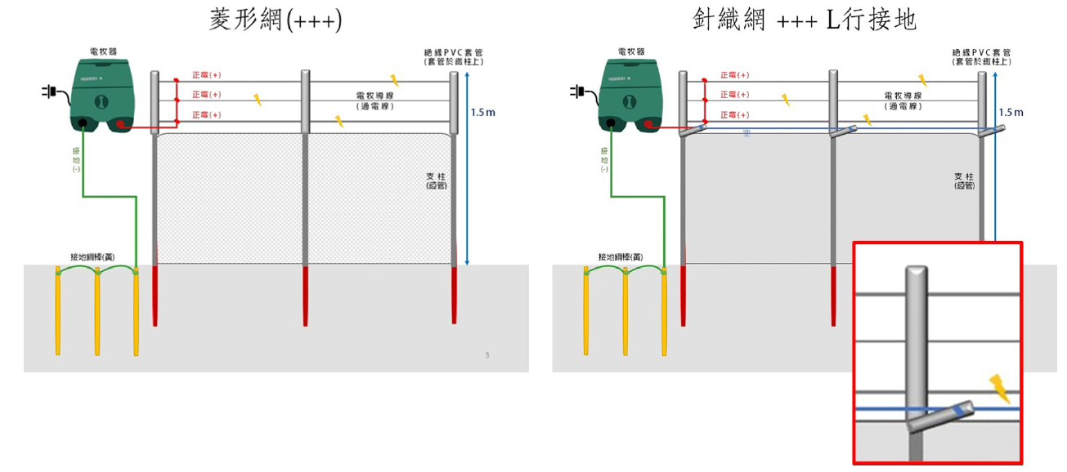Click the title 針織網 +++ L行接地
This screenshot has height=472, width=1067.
(804, 20)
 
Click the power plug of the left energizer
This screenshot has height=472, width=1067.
(47, 91)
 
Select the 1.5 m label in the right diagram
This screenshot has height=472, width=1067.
(1011, 112)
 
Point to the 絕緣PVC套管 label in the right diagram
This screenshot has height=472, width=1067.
(981, 56)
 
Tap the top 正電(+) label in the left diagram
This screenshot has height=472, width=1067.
(206, 75)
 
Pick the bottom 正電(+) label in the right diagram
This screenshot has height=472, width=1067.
(734, 115)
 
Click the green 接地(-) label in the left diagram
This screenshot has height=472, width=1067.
(77, 159)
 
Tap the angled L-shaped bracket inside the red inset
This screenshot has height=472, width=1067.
(940, 415)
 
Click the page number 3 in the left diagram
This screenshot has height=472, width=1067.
(487, 354)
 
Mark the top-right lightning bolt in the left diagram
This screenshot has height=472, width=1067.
(395, 80)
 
